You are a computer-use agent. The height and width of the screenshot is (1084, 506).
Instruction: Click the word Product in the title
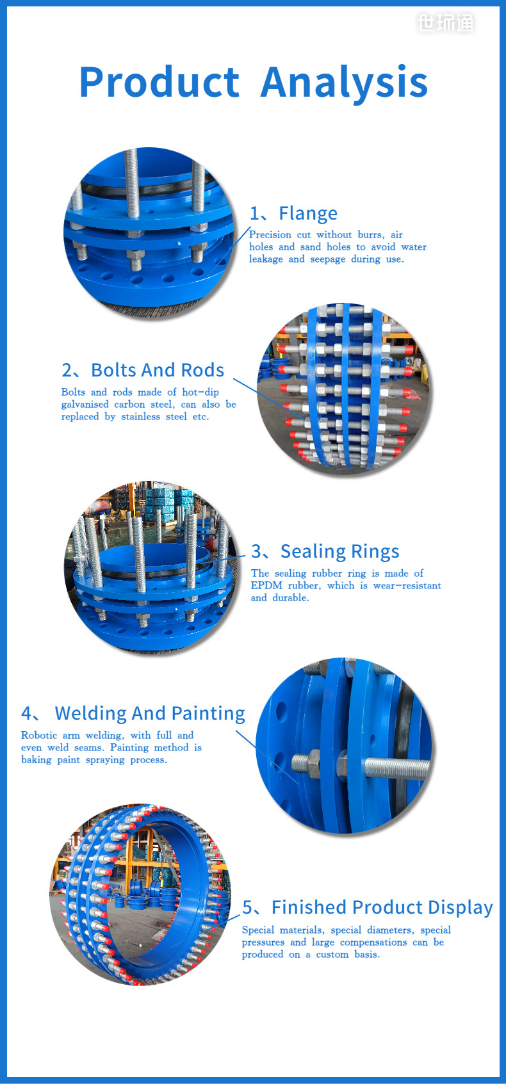click(159, 83)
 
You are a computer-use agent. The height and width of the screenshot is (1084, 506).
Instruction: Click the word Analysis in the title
click(345, 84)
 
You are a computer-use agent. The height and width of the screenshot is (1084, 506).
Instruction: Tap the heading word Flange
click(308, 213)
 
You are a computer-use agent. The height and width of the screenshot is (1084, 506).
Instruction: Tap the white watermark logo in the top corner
click(446, 22)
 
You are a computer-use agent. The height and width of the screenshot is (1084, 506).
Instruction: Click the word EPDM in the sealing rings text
click(266, 586)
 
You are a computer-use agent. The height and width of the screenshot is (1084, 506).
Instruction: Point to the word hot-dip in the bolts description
click(200, 392)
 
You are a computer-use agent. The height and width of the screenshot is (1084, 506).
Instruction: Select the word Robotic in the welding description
click(38, 735)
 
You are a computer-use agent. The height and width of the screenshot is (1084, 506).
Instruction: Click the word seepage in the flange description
click(328, 259)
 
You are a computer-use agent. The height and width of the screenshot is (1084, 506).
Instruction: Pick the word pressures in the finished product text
click(263, 942)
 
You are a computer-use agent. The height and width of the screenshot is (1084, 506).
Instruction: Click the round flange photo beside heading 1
click(149, 233)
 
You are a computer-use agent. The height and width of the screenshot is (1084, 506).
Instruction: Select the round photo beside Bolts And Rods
click(345, 389)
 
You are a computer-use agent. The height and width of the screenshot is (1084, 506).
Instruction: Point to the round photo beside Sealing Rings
click(151, 566)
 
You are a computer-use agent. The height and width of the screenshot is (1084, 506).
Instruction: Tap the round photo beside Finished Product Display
click(140, 895)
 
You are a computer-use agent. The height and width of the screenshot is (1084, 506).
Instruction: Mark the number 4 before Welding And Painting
click(27, 714)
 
